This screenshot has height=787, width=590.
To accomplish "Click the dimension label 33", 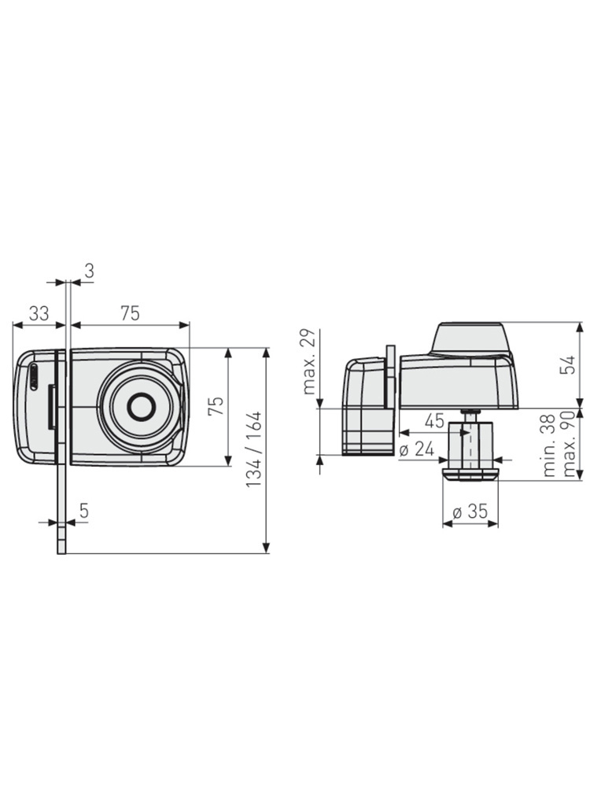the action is click(39, 313).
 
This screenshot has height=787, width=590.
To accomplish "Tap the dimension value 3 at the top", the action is click(90, 271).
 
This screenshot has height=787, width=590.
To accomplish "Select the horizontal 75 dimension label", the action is click(130, 313).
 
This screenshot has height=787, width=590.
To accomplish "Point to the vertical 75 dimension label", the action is click(216, 407).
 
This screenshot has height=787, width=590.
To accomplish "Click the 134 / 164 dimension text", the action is click(253, 449).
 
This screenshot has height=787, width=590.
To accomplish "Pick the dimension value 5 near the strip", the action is click(84, 511).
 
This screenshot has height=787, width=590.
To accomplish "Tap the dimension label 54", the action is click(568, 365).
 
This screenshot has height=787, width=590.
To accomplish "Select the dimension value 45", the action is click(434, 420).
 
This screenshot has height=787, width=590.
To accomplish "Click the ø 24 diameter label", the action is click(418, 449).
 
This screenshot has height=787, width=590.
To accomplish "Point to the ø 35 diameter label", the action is click(470, 512).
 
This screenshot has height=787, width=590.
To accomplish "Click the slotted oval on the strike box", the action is click(33, 376).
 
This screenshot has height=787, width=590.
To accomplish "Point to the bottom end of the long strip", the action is click(61, 553).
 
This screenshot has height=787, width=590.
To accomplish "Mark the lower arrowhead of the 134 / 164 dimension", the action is click(267, 548).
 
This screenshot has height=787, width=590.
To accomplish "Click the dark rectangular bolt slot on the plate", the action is click(51, 407).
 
